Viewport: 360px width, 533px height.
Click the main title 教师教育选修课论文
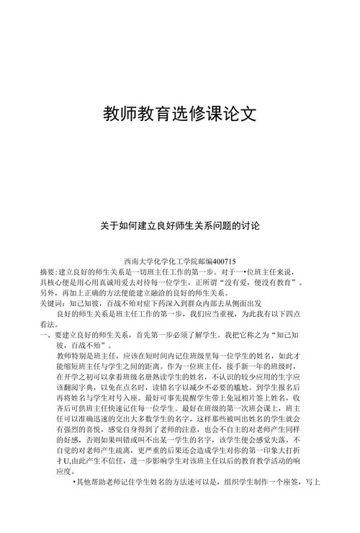click(x=180, y=114)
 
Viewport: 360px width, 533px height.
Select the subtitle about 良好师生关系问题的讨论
click(x=180, y=225)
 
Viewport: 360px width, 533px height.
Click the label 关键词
click(x=52, y=304)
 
